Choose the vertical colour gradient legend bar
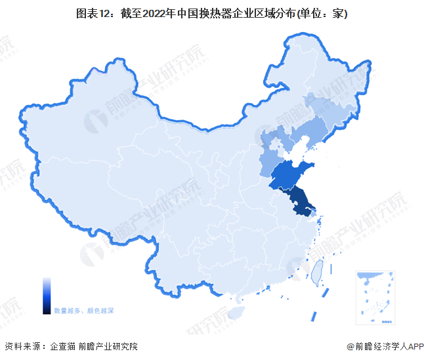point(47,295)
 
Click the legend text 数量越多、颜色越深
point(84,310)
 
